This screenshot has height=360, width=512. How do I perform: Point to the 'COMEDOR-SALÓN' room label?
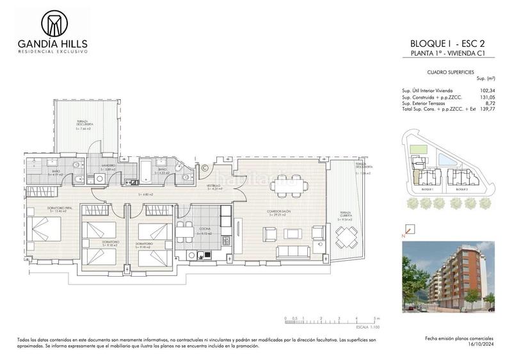(x=278, y=211)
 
